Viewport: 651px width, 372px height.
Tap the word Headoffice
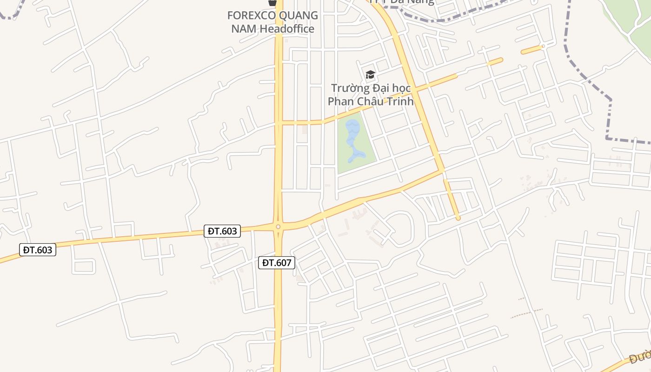point(287,29)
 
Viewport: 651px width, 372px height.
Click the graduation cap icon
point(370,74)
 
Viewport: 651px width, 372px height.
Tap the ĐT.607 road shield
point(277,263)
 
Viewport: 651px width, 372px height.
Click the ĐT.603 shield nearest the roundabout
point(222,231)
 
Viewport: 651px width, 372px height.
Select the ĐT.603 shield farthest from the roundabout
point(38,250)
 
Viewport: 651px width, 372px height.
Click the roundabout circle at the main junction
point(278,226)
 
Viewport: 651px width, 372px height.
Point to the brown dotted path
point(526,313)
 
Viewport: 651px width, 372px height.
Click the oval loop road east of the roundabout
point(400,229)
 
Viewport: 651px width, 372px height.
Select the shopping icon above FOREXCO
point(272,3)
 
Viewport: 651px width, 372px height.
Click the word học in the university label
point(402,88)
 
